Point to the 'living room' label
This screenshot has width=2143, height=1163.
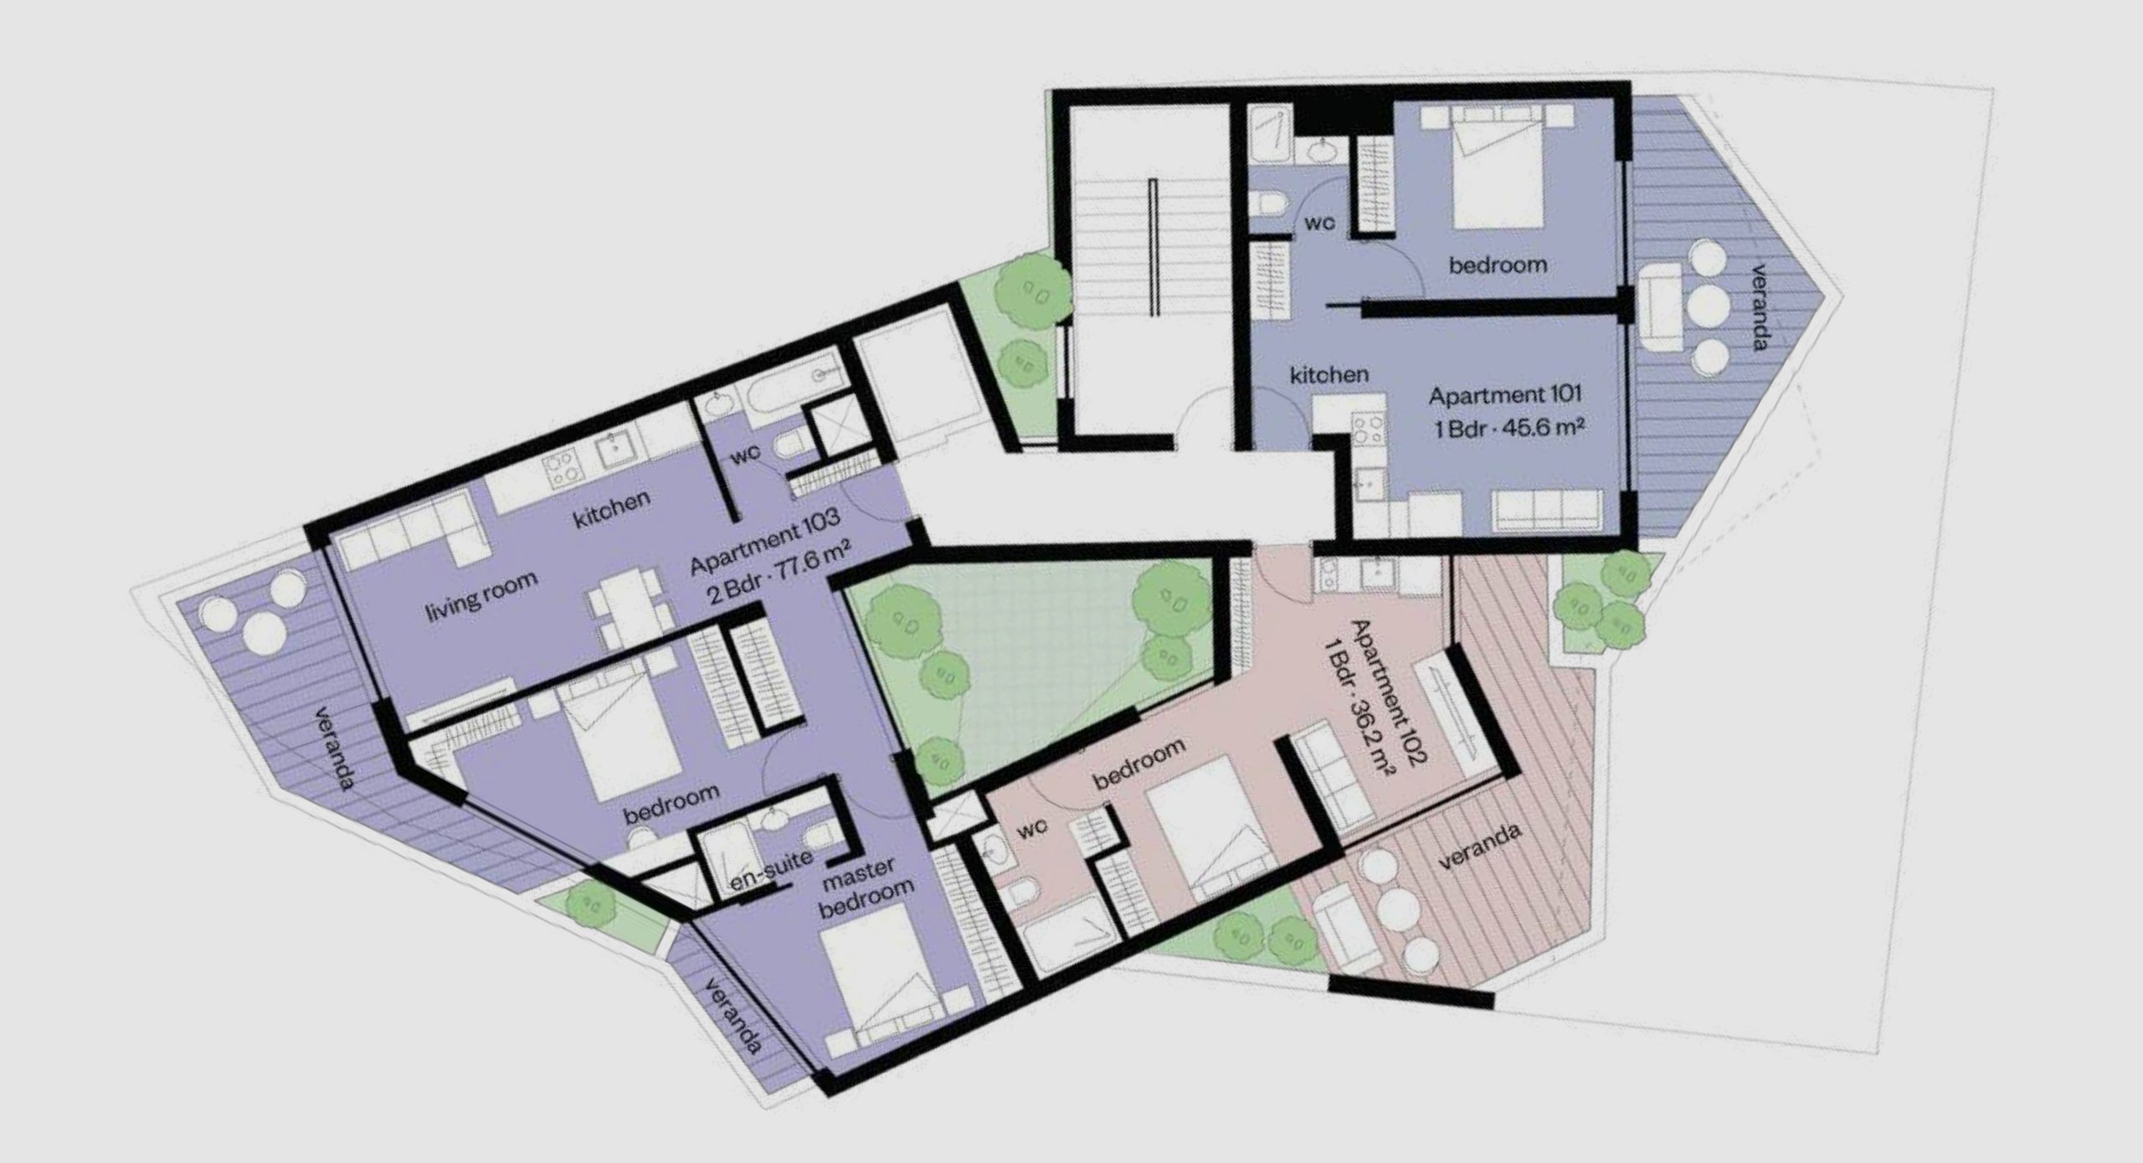point(481,594)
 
